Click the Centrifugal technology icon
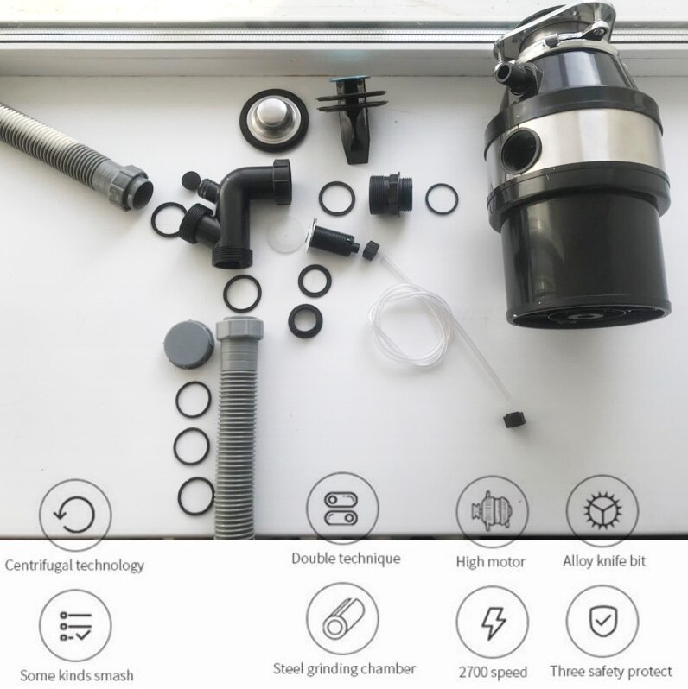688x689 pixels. pos(75,515)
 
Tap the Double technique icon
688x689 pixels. pos(342,509)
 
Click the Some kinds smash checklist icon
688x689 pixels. pos(75,623)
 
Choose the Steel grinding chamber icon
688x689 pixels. pos(342,619)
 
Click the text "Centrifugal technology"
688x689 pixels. pos(75,566)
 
